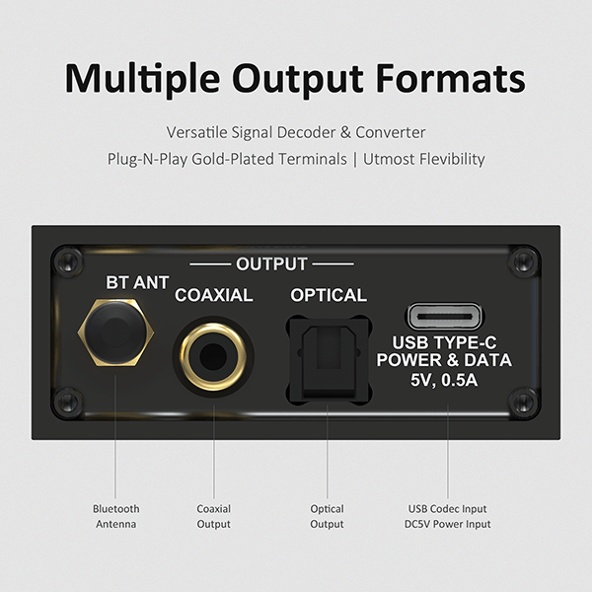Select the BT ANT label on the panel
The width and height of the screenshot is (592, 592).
tap(137, 283)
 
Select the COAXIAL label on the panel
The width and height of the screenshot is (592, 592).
tap(214, 295)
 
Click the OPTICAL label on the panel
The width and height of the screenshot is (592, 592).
tap(329, 295)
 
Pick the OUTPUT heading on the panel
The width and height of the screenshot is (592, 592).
tap(271, 264)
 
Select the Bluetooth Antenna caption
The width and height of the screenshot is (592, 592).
tap(115, 516)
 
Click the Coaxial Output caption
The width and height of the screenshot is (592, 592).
tap(213, 516)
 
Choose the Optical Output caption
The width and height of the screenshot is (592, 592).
tap(327, 516)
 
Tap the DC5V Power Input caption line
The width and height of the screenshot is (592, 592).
tap(449, 524)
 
